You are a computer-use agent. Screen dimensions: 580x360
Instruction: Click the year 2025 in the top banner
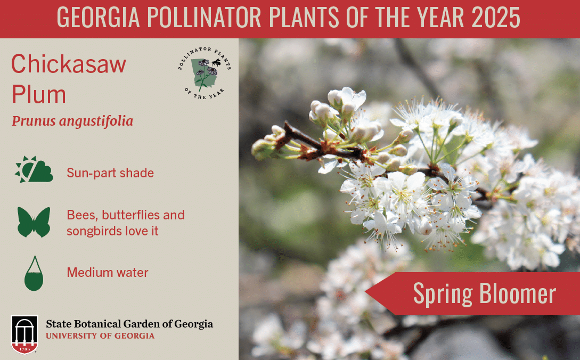click(496, 17)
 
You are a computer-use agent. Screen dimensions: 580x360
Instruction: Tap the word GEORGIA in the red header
click(99, 17)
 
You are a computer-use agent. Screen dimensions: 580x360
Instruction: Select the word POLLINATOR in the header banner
click(204, 17)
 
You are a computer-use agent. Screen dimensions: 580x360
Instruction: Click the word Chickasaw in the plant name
click(69, 64)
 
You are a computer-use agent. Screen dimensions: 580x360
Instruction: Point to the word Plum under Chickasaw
click(39, 94)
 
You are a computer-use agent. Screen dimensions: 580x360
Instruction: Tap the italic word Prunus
click(34, 121)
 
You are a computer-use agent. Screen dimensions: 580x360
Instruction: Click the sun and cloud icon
click(34, 169)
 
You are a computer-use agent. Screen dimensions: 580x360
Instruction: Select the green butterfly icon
click(34, 222)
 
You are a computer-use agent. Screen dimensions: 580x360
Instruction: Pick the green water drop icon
click(34, 273)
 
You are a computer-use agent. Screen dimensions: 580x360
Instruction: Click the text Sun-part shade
click(110, 173)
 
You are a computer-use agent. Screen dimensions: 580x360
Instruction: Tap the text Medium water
click(107, 272)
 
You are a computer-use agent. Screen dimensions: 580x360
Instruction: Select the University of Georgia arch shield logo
click(24, 334)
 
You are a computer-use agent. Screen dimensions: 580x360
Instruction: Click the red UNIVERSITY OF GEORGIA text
click(100, 336)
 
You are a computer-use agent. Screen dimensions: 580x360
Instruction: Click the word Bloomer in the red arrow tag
click(518, 294)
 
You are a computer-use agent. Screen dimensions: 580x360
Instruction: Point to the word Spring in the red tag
click(443, 294)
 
